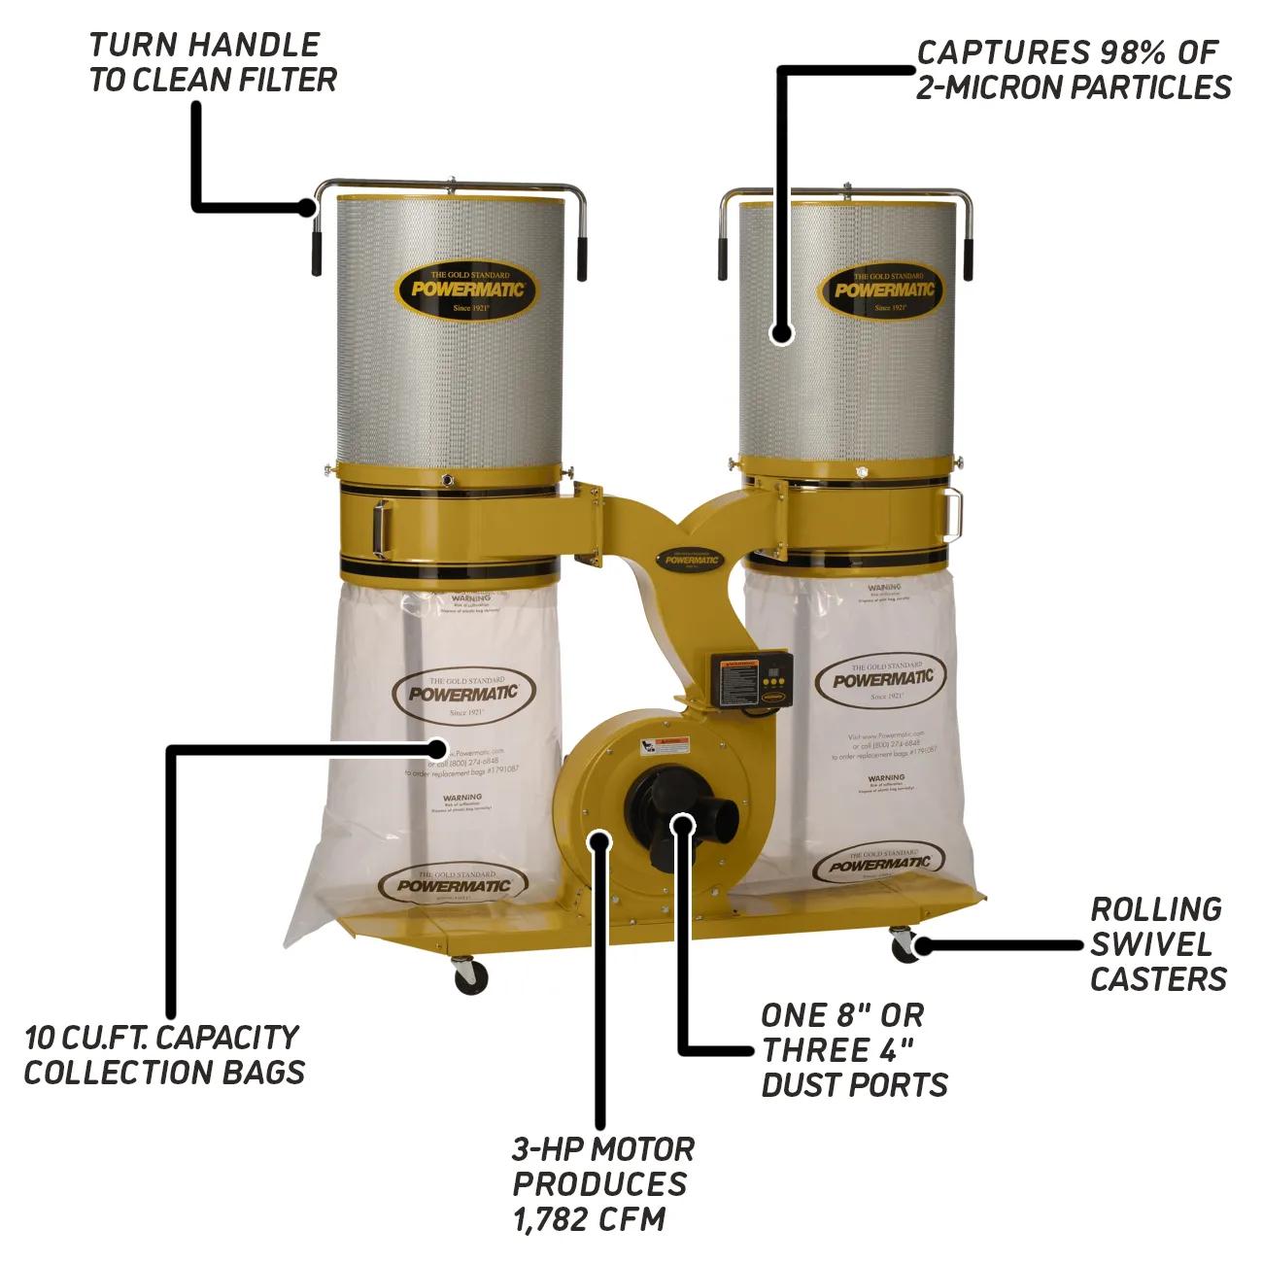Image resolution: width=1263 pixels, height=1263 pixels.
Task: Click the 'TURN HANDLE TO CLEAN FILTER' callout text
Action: [x=213, y=61]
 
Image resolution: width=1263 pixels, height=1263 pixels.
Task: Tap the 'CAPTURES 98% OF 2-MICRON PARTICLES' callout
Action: [x=1074, y=69]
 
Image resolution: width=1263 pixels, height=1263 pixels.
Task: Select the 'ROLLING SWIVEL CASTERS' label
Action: [x=1157, y=944]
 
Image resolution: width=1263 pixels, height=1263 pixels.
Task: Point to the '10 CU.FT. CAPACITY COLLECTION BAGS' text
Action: [x=163, y=1054]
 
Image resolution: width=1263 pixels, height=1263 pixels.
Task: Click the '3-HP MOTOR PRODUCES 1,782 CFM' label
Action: [x=602, y=1183]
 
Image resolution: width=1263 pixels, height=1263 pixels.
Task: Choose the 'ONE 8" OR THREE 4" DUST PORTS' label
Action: [x=854, y=1050]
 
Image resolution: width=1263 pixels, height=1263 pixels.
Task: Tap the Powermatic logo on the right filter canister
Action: [x=882, y=289]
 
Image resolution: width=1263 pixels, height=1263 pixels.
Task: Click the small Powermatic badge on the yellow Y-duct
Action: [x=688, y=558]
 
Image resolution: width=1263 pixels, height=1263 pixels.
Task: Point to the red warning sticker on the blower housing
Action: [x=661, y=746]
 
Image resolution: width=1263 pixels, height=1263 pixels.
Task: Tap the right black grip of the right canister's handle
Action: [x=970, y=255]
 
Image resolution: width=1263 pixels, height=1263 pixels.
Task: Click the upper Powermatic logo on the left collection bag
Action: [x=462, y=692]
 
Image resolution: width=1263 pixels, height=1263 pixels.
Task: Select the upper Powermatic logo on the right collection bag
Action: [x=882, y=676]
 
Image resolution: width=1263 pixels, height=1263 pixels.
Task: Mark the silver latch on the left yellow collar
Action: [x=381, y=525]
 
